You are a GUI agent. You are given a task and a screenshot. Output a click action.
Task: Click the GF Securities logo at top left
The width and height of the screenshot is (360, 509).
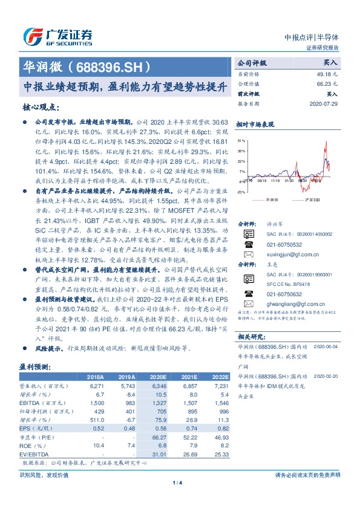click(x=57, y=37)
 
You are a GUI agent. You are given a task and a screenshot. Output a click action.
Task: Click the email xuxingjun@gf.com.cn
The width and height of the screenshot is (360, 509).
click(x=287, y=255)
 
